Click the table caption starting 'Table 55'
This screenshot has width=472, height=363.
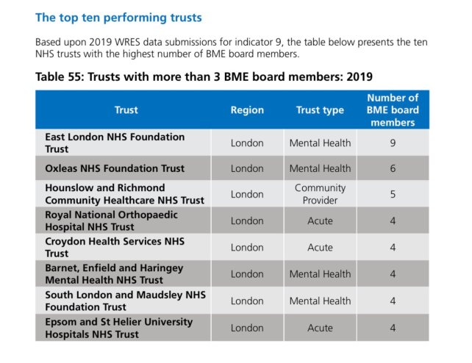204,76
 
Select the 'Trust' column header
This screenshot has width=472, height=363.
126,110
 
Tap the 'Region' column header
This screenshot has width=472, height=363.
246,110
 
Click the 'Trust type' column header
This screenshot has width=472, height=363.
320,110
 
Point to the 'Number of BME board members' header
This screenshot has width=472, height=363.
393,110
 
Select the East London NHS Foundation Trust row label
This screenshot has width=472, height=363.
115,143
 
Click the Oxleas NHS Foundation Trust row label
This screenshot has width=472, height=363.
115,168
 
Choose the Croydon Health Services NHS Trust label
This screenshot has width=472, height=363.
111,247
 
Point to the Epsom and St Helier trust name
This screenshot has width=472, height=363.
118,328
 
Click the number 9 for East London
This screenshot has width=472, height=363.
393,143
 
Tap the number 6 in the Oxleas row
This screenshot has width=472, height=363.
393,168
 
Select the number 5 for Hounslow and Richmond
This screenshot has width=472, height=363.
393,194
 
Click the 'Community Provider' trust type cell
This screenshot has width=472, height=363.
320,194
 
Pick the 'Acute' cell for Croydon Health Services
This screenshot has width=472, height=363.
320,248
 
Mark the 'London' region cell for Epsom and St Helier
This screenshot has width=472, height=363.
246,328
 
